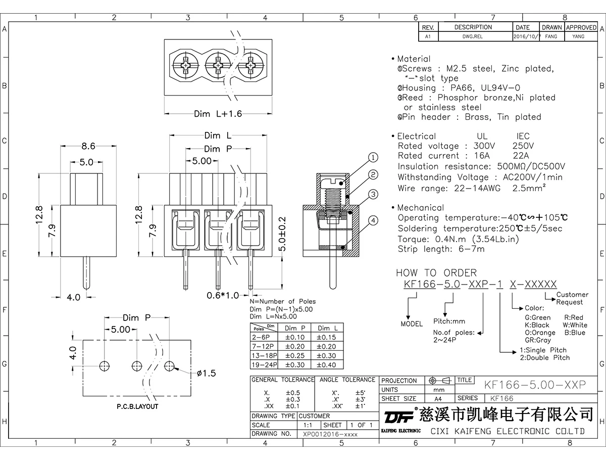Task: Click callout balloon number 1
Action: tap(373, 157)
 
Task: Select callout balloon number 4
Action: tap(373, 220)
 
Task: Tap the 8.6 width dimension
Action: tap(88, 147)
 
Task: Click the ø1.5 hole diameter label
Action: tap(206, 373)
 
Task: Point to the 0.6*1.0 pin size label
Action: tap(222, 295)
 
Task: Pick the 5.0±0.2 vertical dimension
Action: tap(283, 234)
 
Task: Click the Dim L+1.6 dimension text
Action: tap(218, 114)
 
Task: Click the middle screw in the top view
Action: tap(218, 66)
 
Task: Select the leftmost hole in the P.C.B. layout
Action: tap(105, 365)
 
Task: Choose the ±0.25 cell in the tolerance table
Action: tap(295, 355)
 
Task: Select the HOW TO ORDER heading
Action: tap(436, 273)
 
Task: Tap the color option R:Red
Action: tap(573, 317)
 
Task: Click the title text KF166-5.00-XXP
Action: tap(535, 385)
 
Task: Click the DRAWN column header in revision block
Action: tap(551, 27)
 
